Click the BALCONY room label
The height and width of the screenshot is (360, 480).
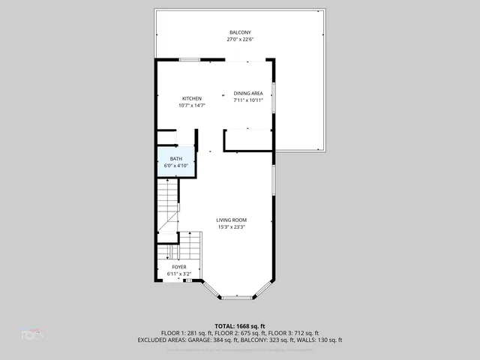click(x=240, y=32)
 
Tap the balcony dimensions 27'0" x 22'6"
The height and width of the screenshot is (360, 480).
click(x=240, y=40)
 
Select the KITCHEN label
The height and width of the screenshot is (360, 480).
click(x=192, y=99)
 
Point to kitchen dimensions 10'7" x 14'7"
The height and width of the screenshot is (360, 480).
click(x=192, y=106)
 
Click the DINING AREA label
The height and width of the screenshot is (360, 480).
click(x=247, y=93)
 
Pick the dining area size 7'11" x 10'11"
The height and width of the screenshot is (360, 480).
click(x=247, y=100)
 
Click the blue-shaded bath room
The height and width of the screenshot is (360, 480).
click(x=175, y=162)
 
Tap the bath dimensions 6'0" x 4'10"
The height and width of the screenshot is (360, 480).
click(x=175, y=166)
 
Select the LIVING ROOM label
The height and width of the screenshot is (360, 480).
click(x=232, y=220)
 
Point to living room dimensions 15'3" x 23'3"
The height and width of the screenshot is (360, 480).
click(x=232, y=226)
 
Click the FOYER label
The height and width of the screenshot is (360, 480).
click(x=179, y=267)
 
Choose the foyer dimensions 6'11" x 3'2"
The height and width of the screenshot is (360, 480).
click(x=179, y=274)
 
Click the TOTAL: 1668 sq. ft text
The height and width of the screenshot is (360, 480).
click(x=239, y=326)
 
